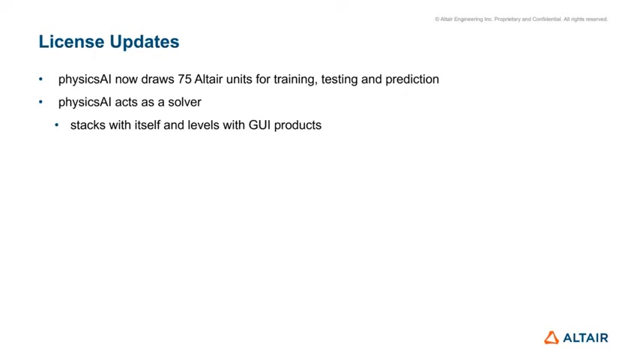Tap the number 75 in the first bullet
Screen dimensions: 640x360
pyautogui.click(x=184, y=79)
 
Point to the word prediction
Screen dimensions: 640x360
pyautogui.click(x=412, y=79)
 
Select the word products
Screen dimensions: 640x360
pyautogui.click(x=298, y=125)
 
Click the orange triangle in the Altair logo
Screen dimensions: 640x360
pyautogui.click(x=552, y=338)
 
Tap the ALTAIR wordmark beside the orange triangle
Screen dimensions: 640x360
pyautogui.click(x=586, y=338)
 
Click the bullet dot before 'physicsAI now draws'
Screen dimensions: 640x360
pyautogui.click(x=40, y=79)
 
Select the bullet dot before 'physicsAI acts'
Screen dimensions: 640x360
pyautogui.click(x=40, y=102)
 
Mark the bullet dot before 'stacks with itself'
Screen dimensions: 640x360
pyautogui.click(x=57, y=124)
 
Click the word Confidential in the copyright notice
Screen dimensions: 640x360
pyautogui.click(x=547, y=19)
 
